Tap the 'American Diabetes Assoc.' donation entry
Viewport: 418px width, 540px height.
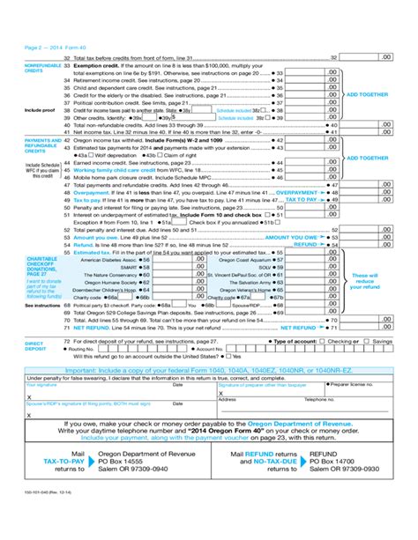click(108, 260)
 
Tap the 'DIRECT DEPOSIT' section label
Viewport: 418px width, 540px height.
click(34, 344)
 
